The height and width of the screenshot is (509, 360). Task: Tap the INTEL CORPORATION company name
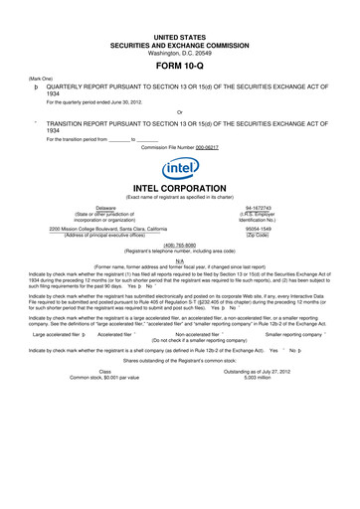(x=180, y=188)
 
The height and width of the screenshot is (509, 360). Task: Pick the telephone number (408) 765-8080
(x=180, y=245)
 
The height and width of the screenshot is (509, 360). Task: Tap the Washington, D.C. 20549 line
(x=180, y=51)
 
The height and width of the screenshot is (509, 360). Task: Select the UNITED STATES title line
(x=180, y=36)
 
